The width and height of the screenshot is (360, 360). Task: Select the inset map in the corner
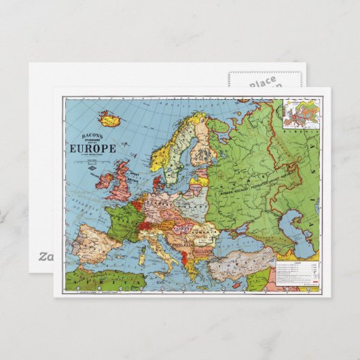(x=300, y=115)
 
